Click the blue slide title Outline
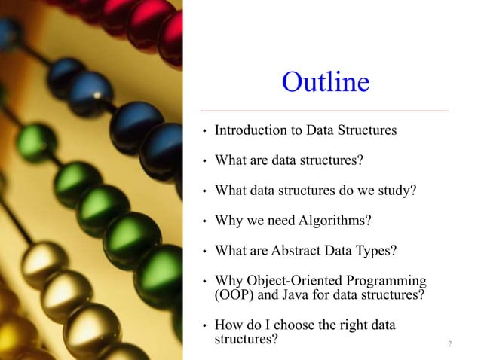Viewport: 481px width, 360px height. pyautogui.click(x=325, y=82)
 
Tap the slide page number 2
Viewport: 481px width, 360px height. pyautogui.click(x=449, y=344)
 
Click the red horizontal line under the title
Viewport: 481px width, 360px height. pyautogui.click(x=324, y=111)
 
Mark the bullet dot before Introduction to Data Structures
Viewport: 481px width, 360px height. pyautogui.click(x=204, y=132)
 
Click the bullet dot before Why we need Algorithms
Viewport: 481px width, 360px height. pyautogui.click(x=204, y=222)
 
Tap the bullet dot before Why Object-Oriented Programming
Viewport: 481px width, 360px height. pyautogui.click(x=204, y=282)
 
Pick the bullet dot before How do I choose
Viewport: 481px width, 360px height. pyautogui.click(x=204, y=327)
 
